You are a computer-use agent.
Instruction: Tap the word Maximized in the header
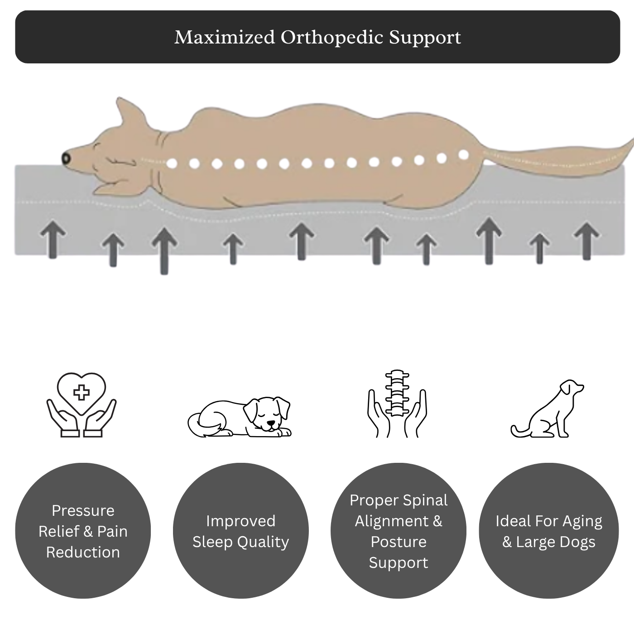(x=224, y=37)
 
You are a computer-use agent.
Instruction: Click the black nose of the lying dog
(x=67, y=158)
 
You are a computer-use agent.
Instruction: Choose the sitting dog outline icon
(x=548, y=410)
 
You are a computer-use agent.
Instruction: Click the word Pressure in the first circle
(x=83, y=510)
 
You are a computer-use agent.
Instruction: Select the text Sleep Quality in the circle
(x=240, y=542)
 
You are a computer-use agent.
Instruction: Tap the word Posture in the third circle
(x=399, y=542)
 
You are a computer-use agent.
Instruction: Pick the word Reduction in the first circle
(x=83, y=552)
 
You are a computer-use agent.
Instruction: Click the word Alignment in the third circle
(x=392, y=521)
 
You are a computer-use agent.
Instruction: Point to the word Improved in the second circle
(x=240, y=521)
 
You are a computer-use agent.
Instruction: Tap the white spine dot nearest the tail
(x=463, y=155)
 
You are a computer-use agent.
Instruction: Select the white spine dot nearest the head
(x=172, y=163)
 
